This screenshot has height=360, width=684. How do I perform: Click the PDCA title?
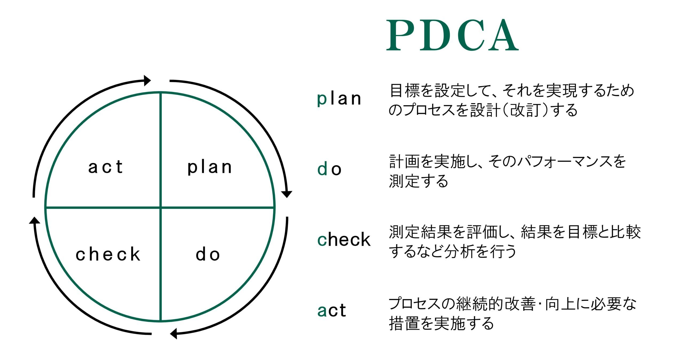[x=452, y=35]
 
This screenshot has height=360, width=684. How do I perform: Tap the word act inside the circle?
[x=106, y=167]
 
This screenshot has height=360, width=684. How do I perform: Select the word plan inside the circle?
[x=209, y=168]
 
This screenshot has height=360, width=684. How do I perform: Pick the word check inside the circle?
[x=108, y=254]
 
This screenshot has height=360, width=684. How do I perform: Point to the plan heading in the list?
[x=339, y=99]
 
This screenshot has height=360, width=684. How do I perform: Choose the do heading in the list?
[x=329, y=169]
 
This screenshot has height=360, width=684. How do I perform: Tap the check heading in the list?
[x=344, y=239]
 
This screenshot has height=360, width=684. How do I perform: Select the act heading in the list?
[x=332, y=310]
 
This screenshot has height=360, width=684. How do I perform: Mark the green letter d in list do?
[x=322, y=169]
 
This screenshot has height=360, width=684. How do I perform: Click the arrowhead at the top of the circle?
[x=147, y=80]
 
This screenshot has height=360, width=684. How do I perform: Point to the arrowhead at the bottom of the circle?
[x=174, y=334]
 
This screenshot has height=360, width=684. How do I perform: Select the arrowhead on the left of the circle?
[x=34, y=220]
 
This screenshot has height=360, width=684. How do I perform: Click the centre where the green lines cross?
[x=161, y=207]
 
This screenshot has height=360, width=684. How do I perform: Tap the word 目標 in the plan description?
[x=405, y=90]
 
